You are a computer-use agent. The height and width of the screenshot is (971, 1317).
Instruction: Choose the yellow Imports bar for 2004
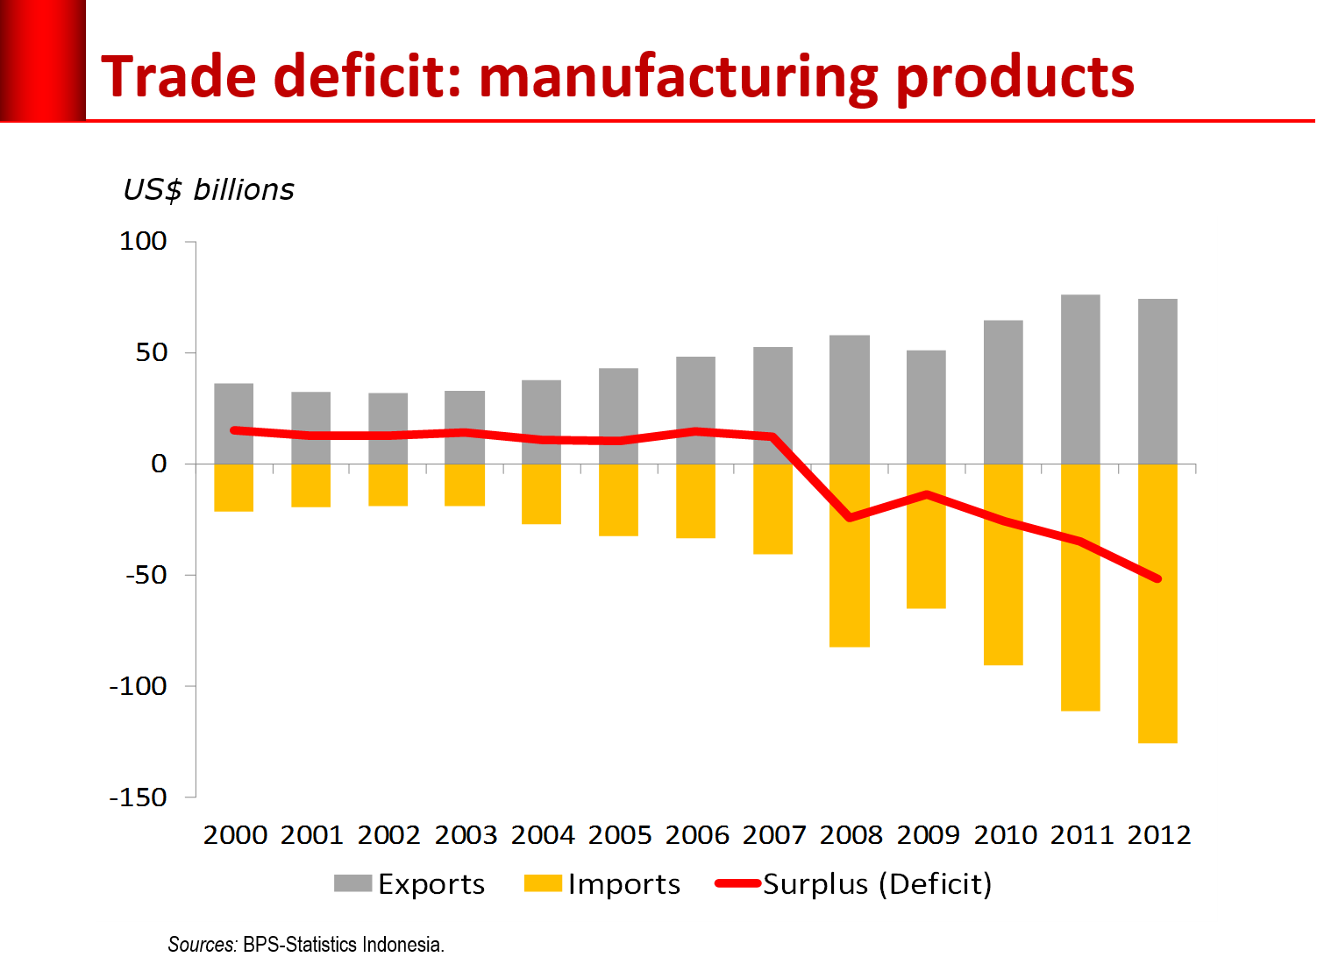point(541,494)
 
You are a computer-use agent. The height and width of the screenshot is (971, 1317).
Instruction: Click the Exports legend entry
point(409,883)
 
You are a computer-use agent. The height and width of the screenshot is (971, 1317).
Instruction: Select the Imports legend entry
point(602,883)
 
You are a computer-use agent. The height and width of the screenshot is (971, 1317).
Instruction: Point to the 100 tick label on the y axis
point(143,241)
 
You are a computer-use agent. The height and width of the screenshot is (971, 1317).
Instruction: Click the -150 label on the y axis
point(138,797)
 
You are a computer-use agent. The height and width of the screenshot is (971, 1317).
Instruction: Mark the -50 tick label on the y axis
point(146,575)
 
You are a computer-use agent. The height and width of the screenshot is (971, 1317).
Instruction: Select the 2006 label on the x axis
point(697,835)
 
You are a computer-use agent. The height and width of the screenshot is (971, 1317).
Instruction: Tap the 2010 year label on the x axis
point(1005,835)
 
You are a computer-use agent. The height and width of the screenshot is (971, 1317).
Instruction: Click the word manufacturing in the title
point(678,77)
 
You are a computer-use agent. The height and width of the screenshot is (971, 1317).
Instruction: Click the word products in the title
point(1014,77)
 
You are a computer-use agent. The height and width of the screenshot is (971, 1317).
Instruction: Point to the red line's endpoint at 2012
point(1157,578)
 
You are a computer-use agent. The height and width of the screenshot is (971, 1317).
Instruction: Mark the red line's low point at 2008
point(849,518)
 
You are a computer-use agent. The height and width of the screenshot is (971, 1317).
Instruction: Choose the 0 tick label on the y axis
point(159,464)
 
